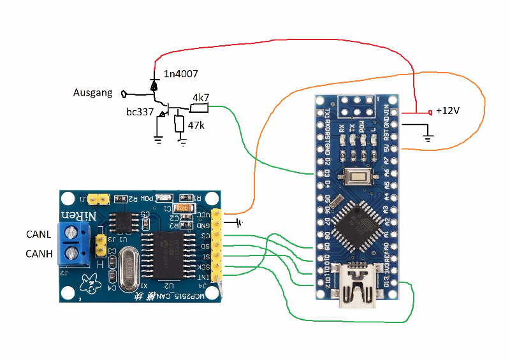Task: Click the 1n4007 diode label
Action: click(180, 75)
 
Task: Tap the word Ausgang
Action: click(93, 93)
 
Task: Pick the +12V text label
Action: click(448, 111)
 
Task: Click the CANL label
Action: click(38, 234)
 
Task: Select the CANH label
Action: click(38, 255)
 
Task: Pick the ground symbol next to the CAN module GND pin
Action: click(239, 223)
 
